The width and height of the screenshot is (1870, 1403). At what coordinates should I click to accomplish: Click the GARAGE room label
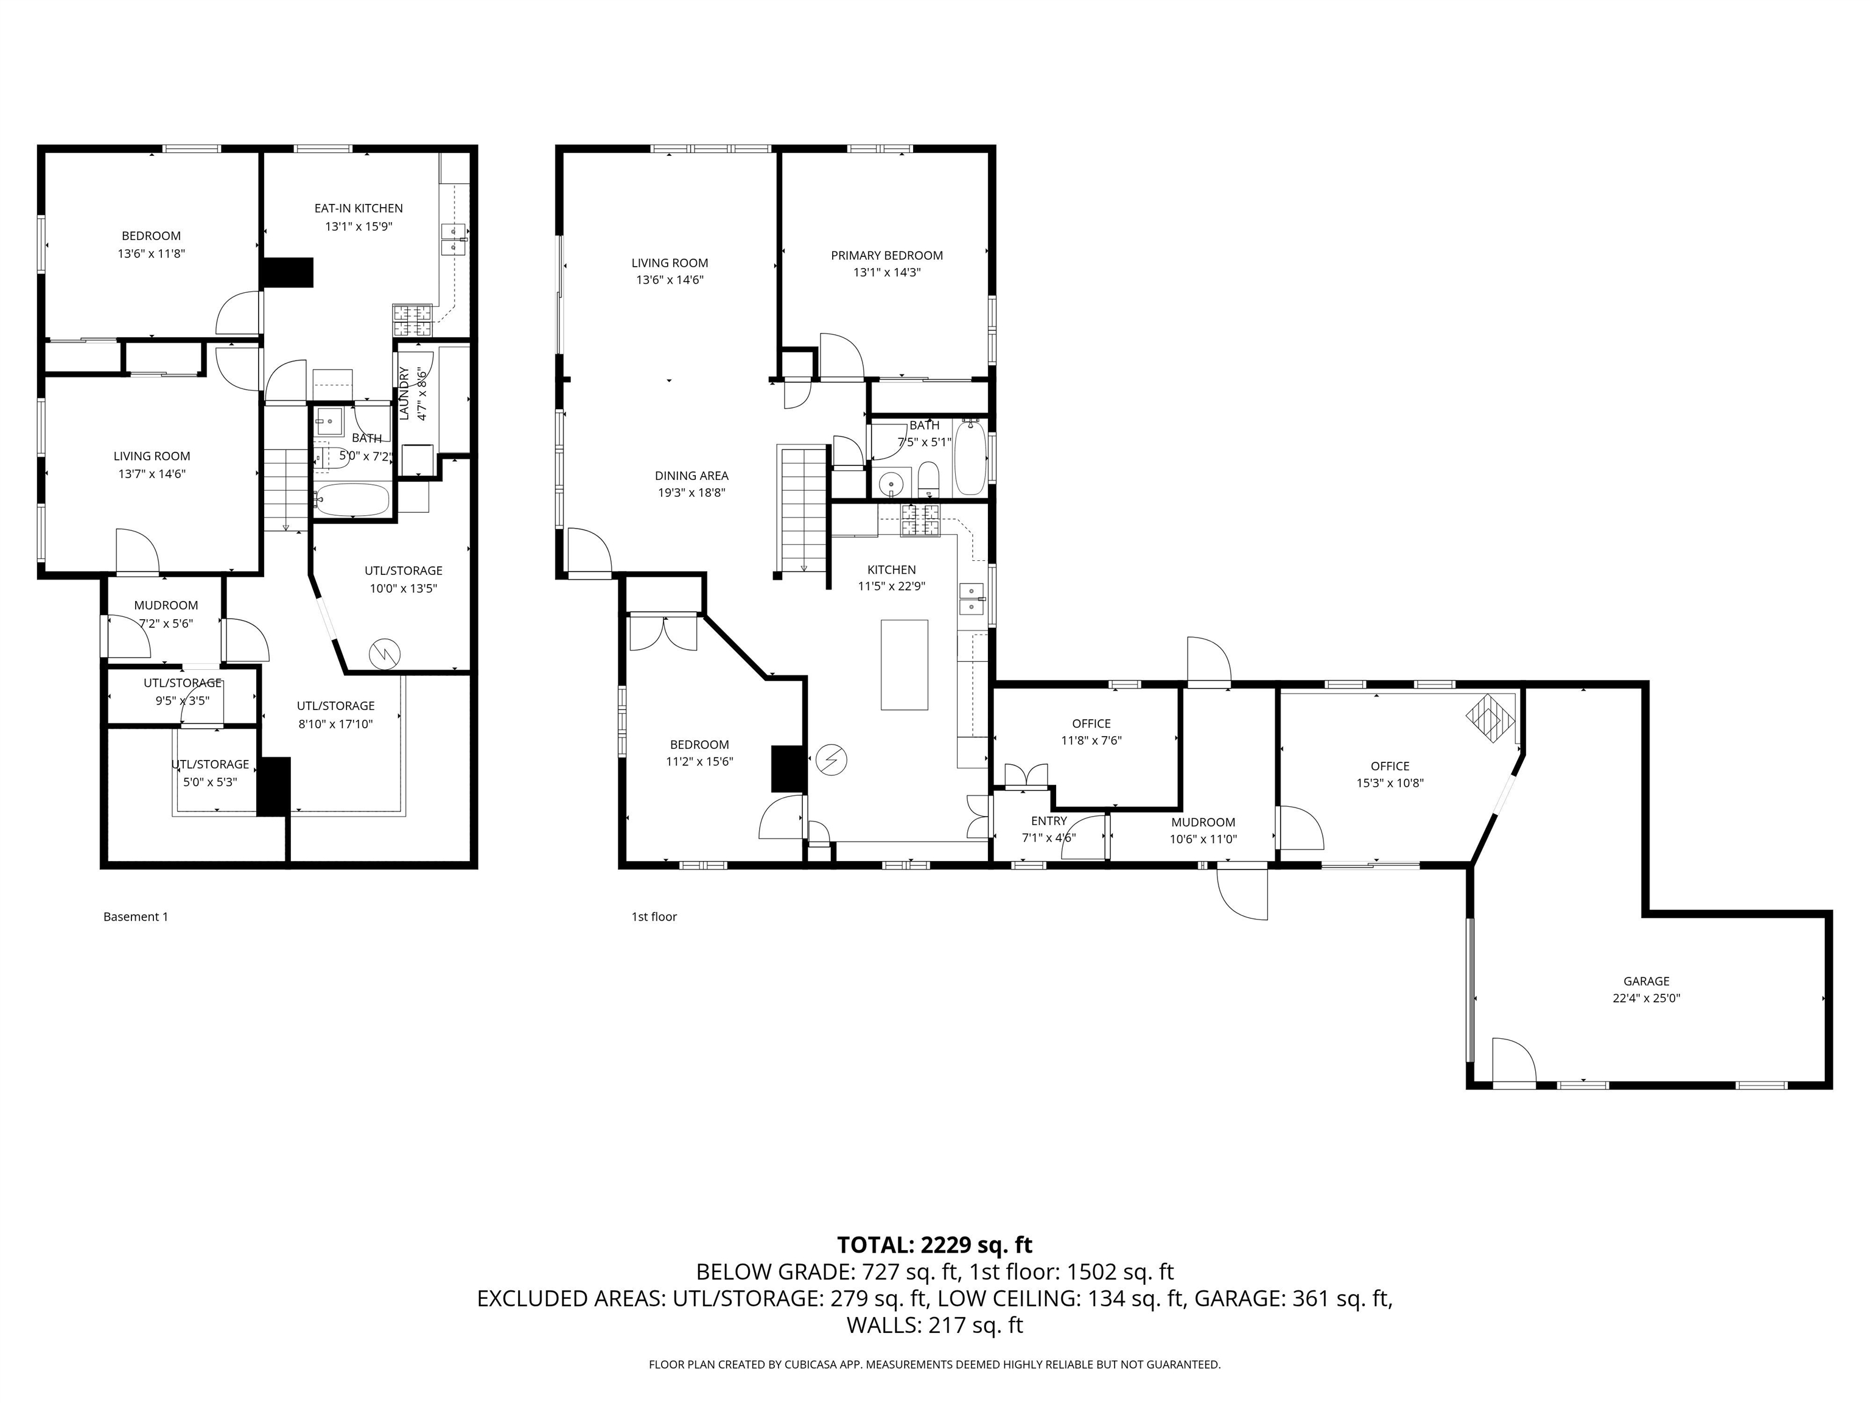coord(1645,981)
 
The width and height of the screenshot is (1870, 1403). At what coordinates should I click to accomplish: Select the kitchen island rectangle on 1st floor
coord(904,665)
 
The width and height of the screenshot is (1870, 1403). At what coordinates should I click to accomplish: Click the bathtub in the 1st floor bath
coord(970,459)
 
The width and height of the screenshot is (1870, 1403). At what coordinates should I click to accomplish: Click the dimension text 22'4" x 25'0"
coord(1645,998)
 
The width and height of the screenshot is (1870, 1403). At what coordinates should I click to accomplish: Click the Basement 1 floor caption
coord(135,916)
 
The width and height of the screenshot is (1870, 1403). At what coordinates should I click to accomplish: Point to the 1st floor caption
coord(654,916)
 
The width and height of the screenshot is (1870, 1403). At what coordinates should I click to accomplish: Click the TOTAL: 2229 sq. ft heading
coord(934,1245)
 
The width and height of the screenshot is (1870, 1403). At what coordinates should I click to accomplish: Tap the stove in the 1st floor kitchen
coord(920,521)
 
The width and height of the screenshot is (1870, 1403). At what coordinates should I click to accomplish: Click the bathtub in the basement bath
coord(352,500)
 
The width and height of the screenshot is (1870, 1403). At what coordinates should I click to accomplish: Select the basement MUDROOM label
coord(166,605)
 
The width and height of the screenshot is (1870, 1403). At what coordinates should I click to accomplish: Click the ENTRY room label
coord(1048,821)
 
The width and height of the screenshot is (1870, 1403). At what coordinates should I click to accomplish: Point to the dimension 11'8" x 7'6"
coord(1091,741)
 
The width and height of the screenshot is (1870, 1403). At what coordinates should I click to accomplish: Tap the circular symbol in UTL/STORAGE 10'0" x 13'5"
coord(385,652)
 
